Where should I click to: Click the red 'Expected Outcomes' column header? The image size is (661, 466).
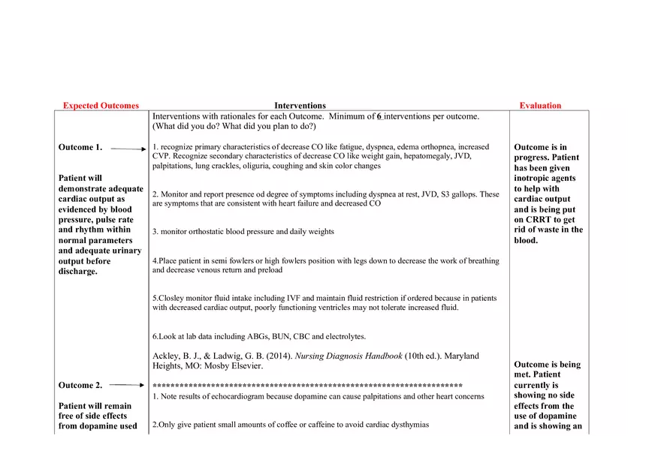tap(101, 106)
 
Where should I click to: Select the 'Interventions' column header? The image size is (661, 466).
tap(300, 106)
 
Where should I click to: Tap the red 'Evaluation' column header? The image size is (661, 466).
tap(540, 106)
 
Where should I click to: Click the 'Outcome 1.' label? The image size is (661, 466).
tap(80, 148)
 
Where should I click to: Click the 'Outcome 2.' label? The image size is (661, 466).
tap(80, 386)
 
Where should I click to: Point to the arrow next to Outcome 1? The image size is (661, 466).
tap(128, 149)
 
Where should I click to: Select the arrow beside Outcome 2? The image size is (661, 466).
tap(128, 386)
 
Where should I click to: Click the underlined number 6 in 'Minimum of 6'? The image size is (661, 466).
tap(379, 116)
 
